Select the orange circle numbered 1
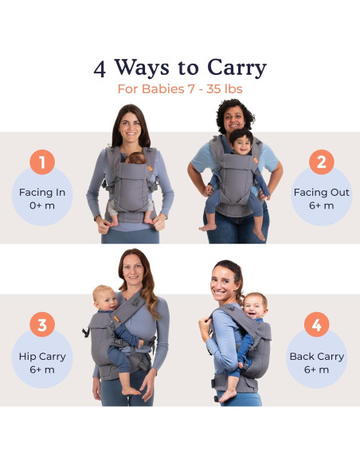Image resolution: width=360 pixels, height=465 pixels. [x=42, y=162]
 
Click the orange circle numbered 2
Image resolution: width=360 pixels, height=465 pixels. [x=320, y=162]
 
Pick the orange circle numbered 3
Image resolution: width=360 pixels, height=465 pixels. [x=42, y=325]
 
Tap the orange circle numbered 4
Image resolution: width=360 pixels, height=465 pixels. [x=316, y=325]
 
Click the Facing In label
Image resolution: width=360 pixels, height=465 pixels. [x=41, y=192]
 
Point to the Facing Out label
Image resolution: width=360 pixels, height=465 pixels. [x=321, y=192]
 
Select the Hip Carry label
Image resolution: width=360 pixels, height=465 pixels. [x=42, y=356]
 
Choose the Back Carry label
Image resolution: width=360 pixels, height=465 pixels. [x=317, y=356]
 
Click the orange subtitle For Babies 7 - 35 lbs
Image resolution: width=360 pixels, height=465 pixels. [x=180, y=89]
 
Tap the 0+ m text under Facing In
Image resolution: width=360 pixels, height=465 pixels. [x=41, y=205]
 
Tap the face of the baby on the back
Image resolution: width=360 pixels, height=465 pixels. [x=255, y=307]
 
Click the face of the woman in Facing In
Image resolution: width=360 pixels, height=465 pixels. [x=131, y=127]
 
